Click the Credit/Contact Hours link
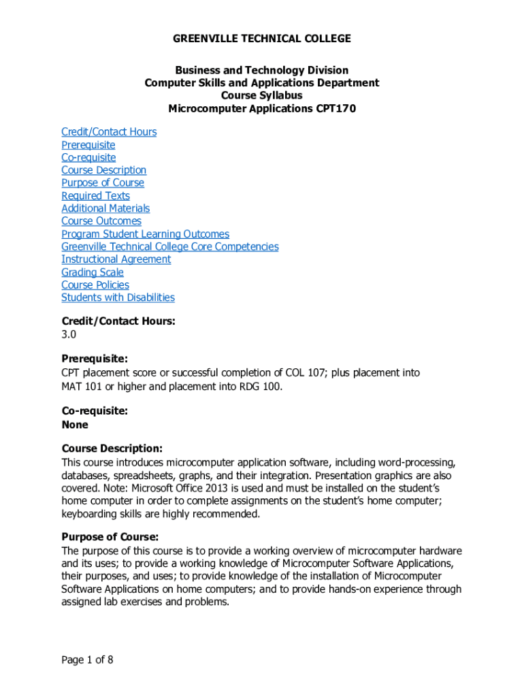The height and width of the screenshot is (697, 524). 109,132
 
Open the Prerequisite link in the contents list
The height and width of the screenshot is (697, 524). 88,145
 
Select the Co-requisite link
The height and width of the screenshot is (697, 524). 88,157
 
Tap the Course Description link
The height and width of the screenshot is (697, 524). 103,170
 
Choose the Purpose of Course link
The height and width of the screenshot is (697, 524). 103,183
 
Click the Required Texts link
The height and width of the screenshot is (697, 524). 95,196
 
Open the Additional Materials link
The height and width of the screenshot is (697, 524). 105,208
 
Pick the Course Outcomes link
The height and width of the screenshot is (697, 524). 101,221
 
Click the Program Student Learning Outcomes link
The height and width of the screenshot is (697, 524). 145,234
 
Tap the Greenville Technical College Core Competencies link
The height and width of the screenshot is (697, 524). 169,246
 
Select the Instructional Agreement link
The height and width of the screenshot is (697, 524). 116,259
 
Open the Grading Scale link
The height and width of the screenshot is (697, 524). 93,272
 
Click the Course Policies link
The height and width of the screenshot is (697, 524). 95,285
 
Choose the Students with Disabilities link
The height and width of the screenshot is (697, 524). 118,297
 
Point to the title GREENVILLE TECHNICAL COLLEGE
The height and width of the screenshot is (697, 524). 262,39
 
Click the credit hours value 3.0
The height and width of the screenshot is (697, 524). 69,335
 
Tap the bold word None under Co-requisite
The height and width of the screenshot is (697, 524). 75,425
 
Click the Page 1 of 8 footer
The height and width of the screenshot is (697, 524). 87,660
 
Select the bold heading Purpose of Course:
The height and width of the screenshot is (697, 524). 110,536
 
